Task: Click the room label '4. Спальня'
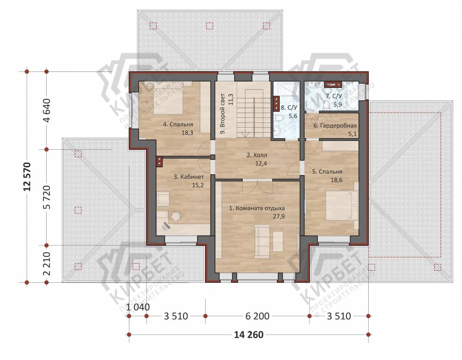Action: click(178, 124)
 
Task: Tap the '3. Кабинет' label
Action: click(188, 177)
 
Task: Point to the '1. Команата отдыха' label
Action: click(257, 208)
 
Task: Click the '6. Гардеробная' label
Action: click(334, 126)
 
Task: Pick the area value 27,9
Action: click(279, 216)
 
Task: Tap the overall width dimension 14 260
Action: click(249, 335)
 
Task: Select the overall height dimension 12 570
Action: click(27, 177)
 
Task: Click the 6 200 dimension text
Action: click(257, 316)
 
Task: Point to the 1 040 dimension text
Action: click(138, 307)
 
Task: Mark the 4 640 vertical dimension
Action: click(47, 110)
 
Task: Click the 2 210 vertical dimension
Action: click(47, 263)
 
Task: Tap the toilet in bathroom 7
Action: click(326, 104)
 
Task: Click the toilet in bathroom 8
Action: click(279, 118)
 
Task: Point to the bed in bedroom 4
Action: click(168, 98)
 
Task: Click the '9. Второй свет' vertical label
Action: click(227, 114)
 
